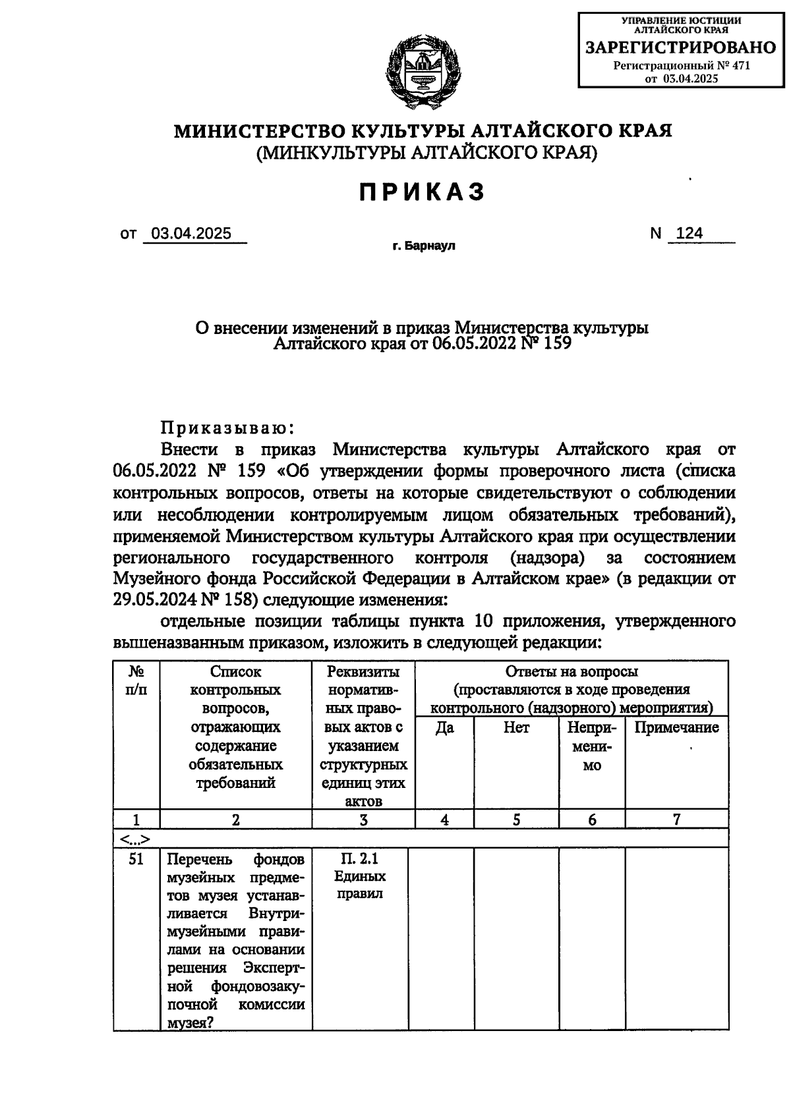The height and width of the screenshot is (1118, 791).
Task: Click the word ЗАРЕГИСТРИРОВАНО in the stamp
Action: pyautogui.click(x=681, y=47)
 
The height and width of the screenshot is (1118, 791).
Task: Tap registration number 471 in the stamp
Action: pyautogui.click(x=740, y=65)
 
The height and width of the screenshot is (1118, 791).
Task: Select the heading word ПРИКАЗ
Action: pyautogui.click(x=423, y=192)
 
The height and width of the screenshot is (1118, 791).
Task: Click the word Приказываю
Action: pyautogui.click(x=227, y=428)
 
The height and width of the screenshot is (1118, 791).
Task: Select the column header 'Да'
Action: pyautogui.click(x=444, y=728)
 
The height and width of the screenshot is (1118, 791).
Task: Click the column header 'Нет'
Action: pyautogui.click(x=516, y=728)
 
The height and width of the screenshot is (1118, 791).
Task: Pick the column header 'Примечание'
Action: pyautogui.click(x=676, y=728)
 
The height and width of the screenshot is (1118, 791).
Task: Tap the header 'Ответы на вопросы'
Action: pyautogui.click(x=571, y=672)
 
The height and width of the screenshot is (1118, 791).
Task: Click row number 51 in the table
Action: pyautogui.click(x=136, y=859)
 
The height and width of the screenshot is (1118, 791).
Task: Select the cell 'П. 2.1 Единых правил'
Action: pyautogui.click(x=360, y=876)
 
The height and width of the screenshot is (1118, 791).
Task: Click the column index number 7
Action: pyautogui.click(x=676, y=820)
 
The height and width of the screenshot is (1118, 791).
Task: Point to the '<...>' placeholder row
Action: pyautogui.click(x=135, y=839)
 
